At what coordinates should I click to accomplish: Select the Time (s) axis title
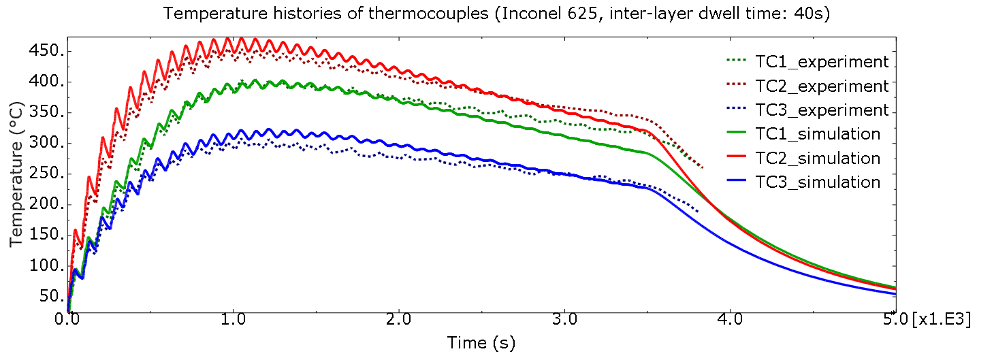pos(481,342)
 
